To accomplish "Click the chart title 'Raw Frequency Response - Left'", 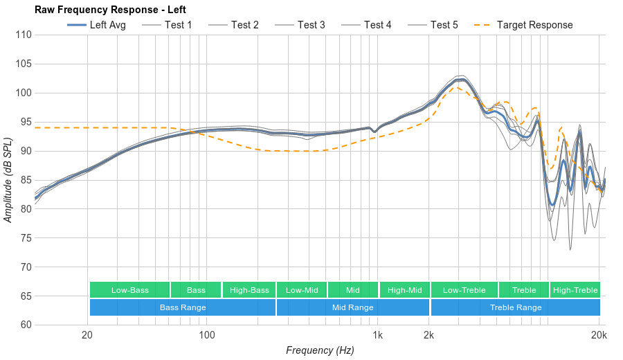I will click(110, 10).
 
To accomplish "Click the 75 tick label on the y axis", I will click(26, 238).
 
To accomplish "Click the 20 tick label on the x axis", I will click(87, 336).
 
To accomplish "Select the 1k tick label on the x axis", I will click(377, 336).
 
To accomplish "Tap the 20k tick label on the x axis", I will click(599, 336).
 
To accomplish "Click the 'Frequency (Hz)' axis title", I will click(320, 350).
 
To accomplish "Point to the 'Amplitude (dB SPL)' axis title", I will click(8, 180).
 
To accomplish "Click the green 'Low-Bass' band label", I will click(129, 290).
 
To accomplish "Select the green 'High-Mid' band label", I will click(404, 290).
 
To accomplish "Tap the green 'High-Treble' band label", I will click(575, 290).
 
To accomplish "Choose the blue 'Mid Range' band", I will click(352, 307).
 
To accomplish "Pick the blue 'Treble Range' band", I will click(516, 307).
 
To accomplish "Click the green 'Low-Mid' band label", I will click(302, 290).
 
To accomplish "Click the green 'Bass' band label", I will click(196, 290).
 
